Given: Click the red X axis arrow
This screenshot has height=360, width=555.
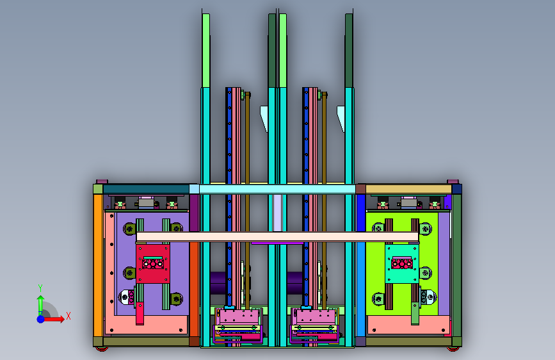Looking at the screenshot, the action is coord(53,319).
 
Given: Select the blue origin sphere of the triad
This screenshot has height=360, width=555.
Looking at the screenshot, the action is coord(41,319).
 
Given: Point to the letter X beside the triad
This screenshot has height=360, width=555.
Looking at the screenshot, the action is coord(68,316).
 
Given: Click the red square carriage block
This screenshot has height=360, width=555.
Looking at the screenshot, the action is coord(153,263).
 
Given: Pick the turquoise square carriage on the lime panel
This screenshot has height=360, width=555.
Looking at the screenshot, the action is coord(402,264).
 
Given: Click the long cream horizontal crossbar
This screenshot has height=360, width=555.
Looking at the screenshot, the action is coord(277,237).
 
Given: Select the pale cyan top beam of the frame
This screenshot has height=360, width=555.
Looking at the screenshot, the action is coord(277,189).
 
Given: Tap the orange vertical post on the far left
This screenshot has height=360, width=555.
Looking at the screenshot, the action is coord(98,265).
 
